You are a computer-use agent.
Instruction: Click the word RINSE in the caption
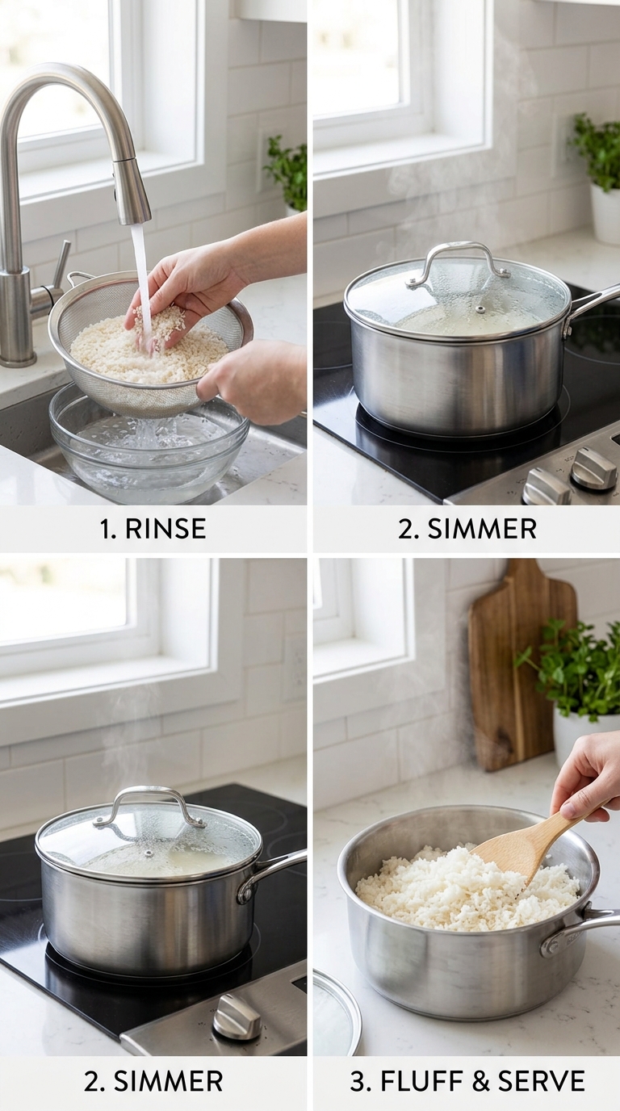pos(165,529)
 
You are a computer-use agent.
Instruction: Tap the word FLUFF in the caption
pos(425,1081)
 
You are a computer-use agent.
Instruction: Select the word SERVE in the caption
pos(541,1081)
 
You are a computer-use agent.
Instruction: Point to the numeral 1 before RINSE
pos(106,529)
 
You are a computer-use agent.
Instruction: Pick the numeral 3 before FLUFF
pos(357,1081)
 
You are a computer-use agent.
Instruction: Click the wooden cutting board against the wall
pos(521,665)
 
